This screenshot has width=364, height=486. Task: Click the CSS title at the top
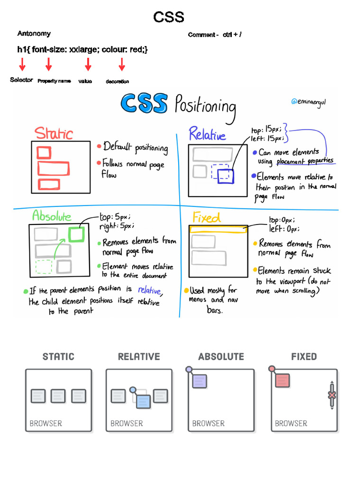pyautogui.click(x=169, y=18)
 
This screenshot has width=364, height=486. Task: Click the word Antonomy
pyautogui.click(x=34, y=34)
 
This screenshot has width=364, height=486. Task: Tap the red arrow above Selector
pyautogui.click(x=22, y=65)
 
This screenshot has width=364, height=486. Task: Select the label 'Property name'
pyautogui.click(x=54, y=81)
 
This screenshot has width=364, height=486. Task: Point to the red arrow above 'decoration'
pyautogui.click(x=122, y=65)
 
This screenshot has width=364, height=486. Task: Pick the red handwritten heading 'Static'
pyautogui.click(x=54, y=133)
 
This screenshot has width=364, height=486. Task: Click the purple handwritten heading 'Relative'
pyautogui.click(x=207, y=135)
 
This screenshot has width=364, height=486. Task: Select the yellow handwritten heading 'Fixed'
pyautogui.click(x=207, y=218)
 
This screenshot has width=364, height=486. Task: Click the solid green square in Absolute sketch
pyautogui.click(x=76, y=234)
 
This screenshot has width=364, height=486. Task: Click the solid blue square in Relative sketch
pyautogui.click(x=226, y=176)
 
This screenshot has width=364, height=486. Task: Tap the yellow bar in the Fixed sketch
pyautogui.click(x=218, y=229)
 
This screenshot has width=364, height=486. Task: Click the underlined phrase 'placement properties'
pyautogui.click(x=305, y=161)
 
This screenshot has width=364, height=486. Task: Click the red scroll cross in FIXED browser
pyautogui.click(x=332, y=395)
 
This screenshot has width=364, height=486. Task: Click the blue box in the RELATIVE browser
pyautogui.click(x=143, y=402)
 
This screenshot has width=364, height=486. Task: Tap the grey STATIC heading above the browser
pyautogui.click(x=58, y=356)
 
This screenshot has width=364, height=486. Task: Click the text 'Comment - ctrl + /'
pyautogui.click(x=215, y=35)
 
